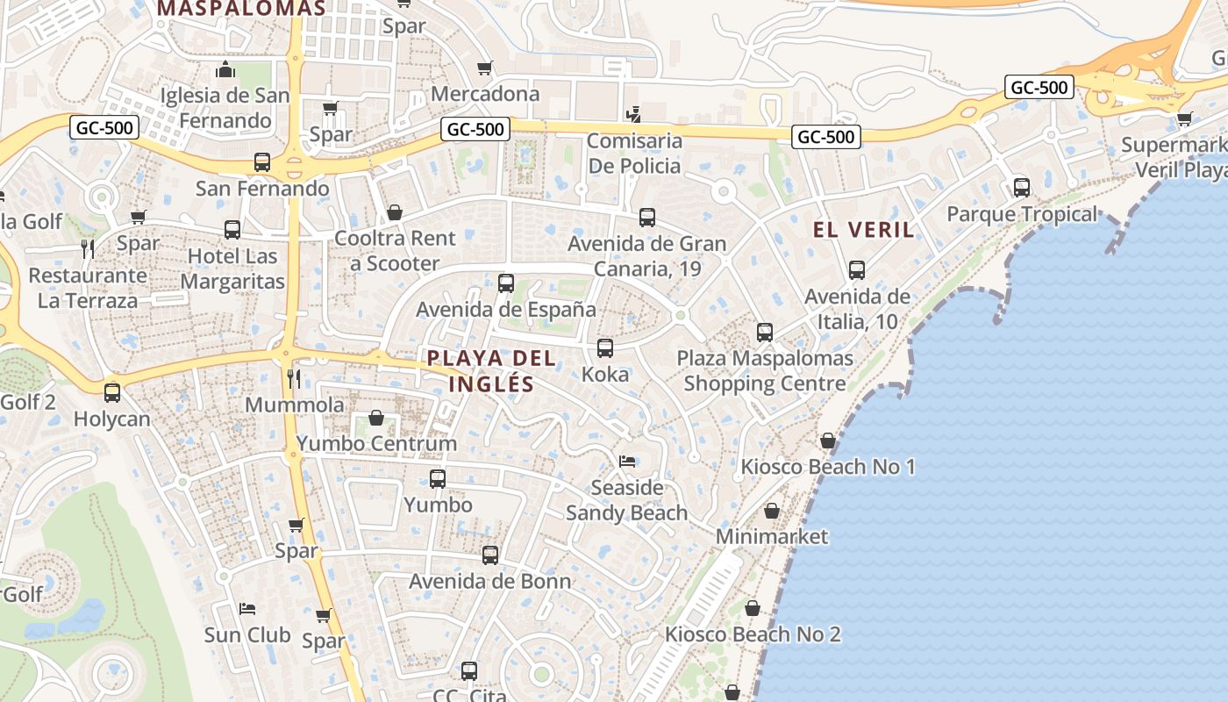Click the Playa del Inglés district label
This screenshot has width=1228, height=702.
click(x=491, y=370)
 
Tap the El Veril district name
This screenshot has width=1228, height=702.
click(x=863, y=230)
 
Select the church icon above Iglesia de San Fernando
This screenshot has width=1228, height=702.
click(x=226, y=70)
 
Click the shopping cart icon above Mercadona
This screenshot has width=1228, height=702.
click(x=485, y=68)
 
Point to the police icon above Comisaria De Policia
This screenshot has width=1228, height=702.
click(x=634, y=115)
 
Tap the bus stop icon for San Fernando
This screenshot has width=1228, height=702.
click(x=261, y=162)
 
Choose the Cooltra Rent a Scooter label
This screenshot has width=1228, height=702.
click(x=395, y=251)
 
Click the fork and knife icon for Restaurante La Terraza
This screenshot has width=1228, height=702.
click(x=88, y=249)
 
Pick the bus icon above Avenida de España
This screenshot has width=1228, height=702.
click(x=506, y=283)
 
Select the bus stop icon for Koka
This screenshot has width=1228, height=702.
click(x=605, y=348)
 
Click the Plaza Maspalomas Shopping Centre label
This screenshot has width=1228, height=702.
click(x=765, y=371)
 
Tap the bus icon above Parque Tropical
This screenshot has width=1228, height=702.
click(x=1021, y=188)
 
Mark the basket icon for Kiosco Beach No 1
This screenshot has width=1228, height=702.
click(x=828, y=441)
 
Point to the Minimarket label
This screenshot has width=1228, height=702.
click(x=772, y=536)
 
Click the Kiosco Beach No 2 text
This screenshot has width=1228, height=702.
click(x=753, y=634)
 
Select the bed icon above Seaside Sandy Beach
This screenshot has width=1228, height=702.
click(x=627, y=461)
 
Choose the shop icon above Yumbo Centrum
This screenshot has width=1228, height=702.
click(x=376, y=418)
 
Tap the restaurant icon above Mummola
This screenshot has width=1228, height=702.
click(x=295, y=379)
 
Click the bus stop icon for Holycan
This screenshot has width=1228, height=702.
click(x=112, y=393)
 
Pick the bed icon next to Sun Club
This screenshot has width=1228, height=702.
click(x=247, y=609)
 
